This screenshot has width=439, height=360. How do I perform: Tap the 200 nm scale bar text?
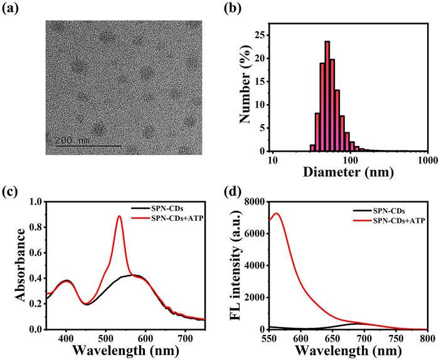(x=73, y=140)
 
